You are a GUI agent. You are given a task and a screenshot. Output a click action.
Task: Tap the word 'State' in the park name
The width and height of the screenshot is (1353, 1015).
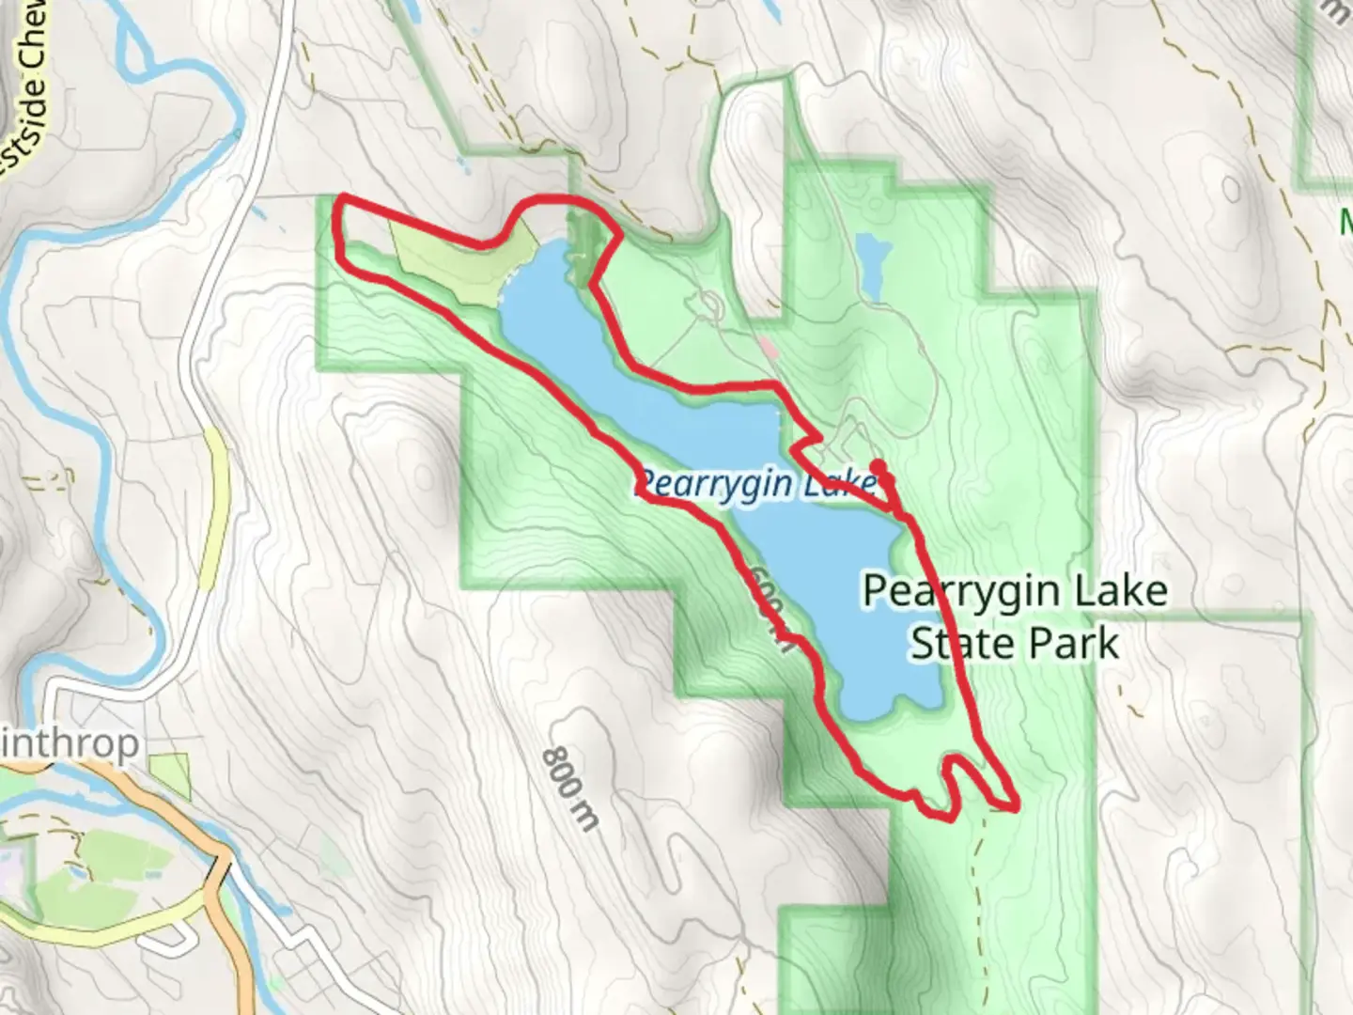(954, 645)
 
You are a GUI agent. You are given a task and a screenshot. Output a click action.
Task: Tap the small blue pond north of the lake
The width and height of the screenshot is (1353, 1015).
(871, 264)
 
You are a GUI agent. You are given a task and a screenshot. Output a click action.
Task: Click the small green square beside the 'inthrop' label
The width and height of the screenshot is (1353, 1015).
(170, 775)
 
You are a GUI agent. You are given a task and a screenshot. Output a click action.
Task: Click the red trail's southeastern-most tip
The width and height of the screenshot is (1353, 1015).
(1015, 805)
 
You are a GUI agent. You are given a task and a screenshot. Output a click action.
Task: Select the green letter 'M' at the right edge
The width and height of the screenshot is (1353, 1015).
(1345, 223)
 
